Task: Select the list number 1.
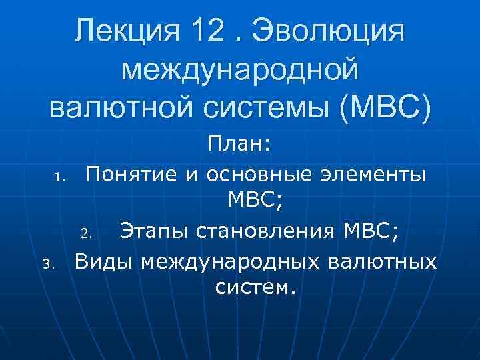(x=59, y=178)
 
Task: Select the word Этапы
(x=148, y=231)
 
